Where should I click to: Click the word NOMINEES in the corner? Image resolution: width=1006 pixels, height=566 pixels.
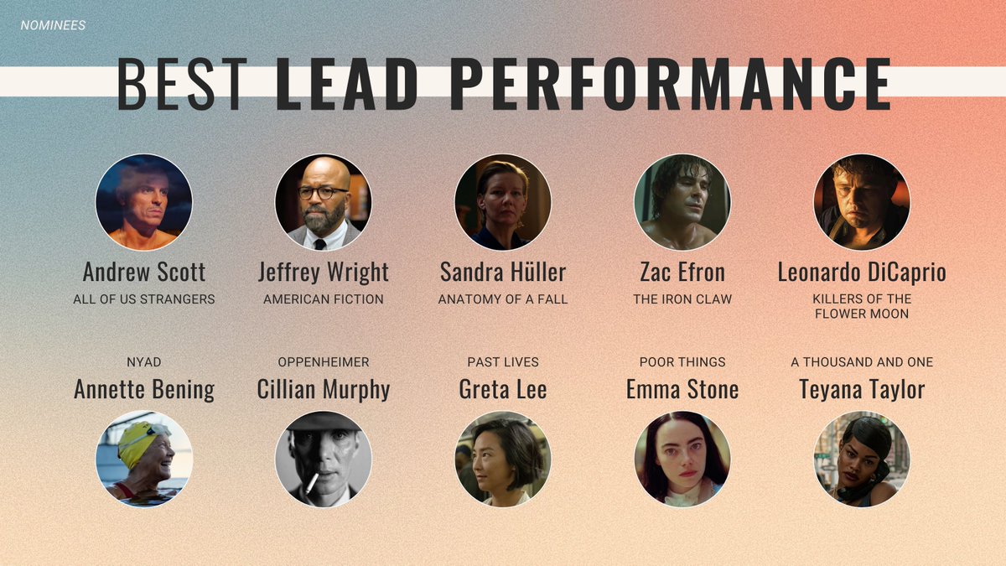[53, 25]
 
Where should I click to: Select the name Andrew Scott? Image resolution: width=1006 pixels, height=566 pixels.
[144, 272]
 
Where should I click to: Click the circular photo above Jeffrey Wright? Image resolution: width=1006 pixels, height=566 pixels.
[323, 202]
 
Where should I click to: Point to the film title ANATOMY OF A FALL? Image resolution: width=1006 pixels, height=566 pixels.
[502, 299]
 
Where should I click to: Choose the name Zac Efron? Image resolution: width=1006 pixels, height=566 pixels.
[682, 272]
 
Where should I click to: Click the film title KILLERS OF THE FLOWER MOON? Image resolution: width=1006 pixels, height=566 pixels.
[861, 306]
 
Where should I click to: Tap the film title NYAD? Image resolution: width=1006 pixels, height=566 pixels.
[144, 362]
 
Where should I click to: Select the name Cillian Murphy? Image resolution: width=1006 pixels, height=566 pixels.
[323, 389]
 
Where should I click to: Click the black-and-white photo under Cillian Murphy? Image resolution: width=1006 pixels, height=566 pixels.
[323, 459]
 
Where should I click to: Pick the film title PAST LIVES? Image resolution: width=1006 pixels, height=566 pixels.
[502, 362]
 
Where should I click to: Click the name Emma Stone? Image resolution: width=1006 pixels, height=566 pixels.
[682, 389]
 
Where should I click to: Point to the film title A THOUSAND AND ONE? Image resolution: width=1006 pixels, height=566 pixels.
[861, 362]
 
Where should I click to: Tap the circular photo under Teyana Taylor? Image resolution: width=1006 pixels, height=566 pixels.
[861, 459]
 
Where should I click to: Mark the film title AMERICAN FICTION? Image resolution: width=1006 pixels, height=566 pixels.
[323, 299]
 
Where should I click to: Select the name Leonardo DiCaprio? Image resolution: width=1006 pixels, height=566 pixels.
[861, 272]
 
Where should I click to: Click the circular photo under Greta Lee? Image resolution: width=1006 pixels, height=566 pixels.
[502, 459]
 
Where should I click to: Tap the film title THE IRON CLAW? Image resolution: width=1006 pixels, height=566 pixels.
[682, 299]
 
